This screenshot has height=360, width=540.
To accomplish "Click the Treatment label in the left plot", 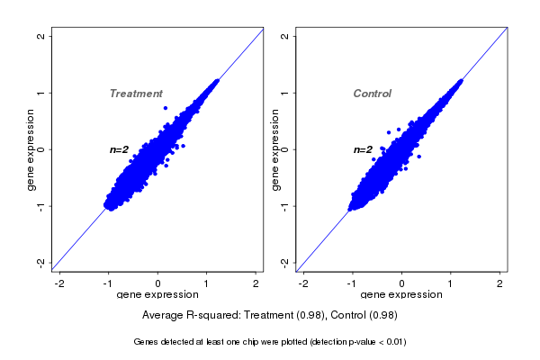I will click(x=136, y=94).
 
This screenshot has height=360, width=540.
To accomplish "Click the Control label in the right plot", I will click(x=372, y=94).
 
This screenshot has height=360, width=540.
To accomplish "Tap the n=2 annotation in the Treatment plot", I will click(x=120, y=149).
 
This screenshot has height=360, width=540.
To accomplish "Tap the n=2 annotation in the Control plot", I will click(x=363, y=149).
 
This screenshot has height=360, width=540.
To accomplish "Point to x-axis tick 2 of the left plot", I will click(x=256, y=283).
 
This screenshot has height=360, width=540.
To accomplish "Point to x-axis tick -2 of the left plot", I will click(x=59, y=283).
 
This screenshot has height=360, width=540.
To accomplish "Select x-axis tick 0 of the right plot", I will click(x=402, y=283).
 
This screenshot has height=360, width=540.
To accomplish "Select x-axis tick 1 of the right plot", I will click(x=451, y=283).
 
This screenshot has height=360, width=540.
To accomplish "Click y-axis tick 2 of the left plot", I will click(x=40, y=36).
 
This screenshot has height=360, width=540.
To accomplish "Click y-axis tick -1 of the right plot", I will click(x=284, y=206).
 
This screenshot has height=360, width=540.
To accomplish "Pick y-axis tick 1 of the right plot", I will click(x=284, y=93).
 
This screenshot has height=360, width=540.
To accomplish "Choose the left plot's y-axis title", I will click(x=31, y=149).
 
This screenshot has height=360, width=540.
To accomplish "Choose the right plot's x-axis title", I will click(x=401, y=294).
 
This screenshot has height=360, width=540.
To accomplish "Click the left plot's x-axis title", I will click(x=157, y=294).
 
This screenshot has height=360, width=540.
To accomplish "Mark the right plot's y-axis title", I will click(x=275, y=149).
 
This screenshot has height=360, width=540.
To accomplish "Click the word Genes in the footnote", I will click(x=147, y=342).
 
